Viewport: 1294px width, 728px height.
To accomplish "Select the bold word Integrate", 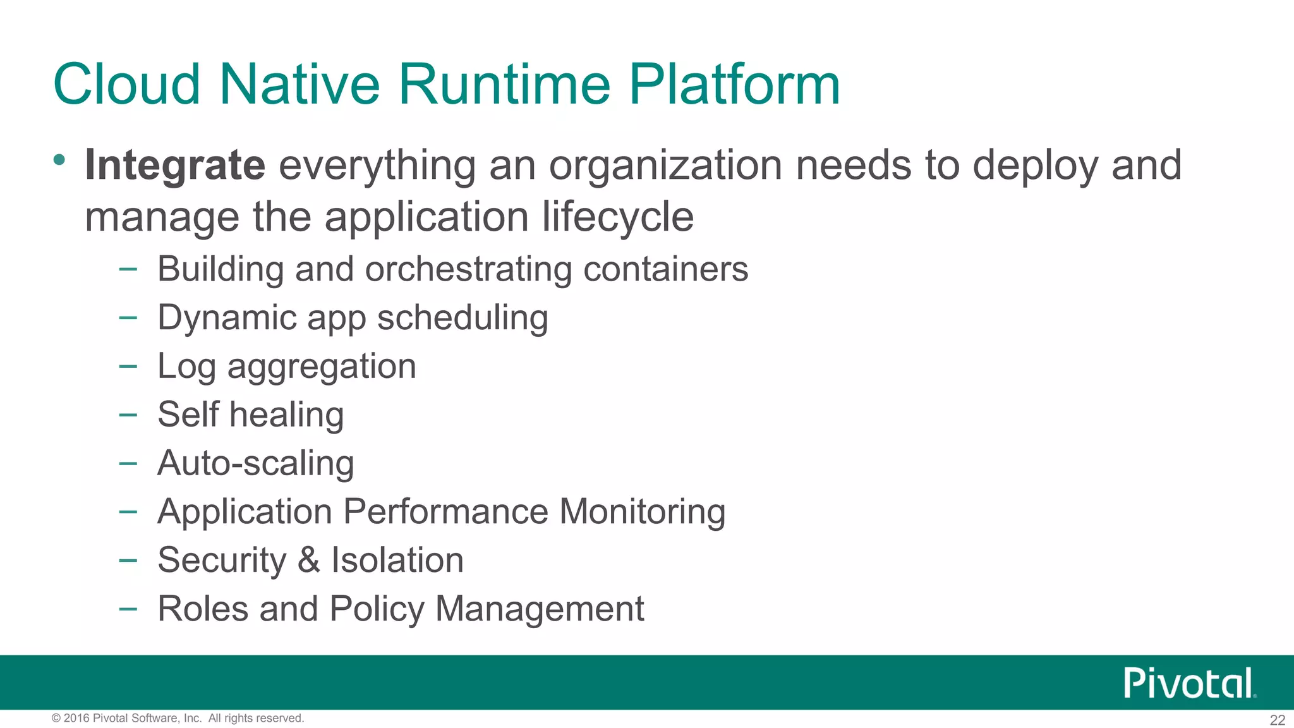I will [x=175, y=166].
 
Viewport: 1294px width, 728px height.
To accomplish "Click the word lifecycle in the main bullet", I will [x=618, y=217].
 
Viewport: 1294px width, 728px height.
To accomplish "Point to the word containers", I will [x=666, y=269].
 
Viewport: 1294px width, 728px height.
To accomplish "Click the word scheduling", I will [x=463, y=318].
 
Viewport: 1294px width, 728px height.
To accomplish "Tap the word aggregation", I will [x=322, y=367].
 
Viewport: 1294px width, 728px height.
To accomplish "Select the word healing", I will [x=286, y=415].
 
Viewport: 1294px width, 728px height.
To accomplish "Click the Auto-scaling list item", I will [x=256, y=463].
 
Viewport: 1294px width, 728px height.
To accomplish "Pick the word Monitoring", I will [x=642, y=512].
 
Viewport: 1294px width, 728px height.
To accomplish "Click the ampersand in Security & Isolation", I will [x=309, y=561].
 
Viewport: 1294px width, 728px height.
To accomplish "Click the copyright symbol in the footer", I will [x=56, y=719].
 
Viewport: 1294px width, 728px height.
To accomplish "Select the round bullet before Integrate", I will [x=59, y=160].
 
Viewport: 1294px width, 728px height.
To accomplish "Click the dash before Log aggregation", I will [x=128, y=366].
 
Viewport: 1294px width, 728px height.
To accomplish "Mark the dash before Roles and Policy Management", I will [x=128, y=609].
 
